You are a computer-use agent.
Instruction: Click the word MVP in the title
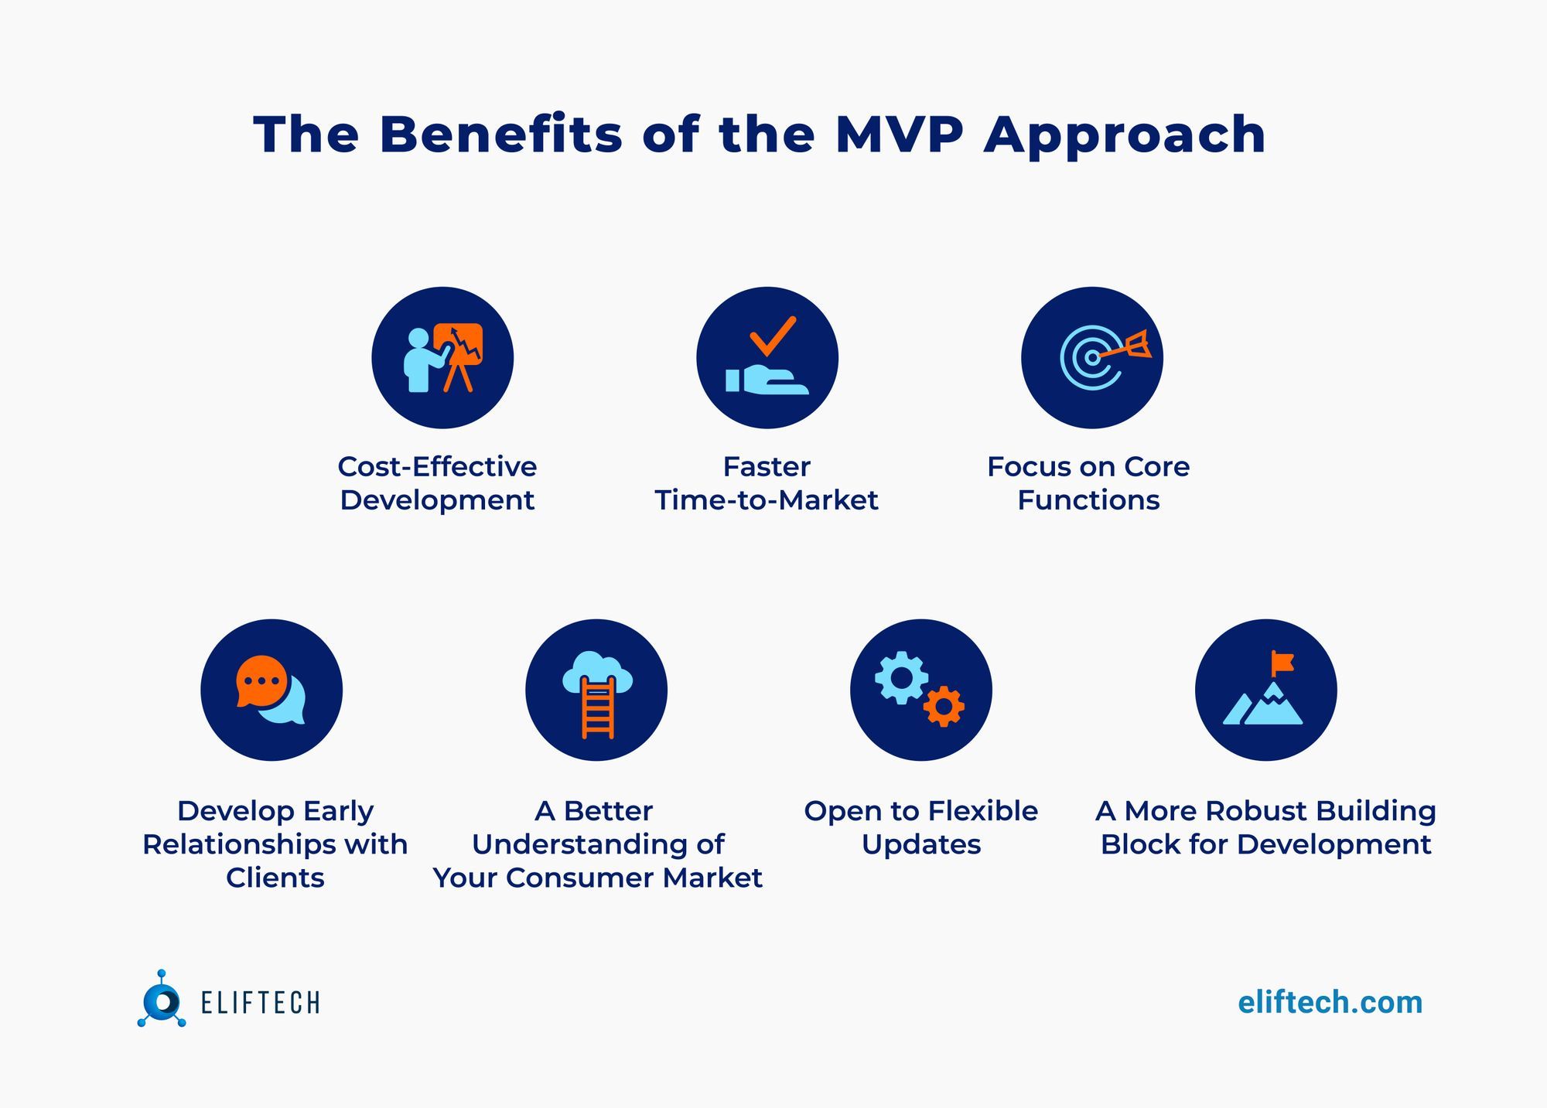click(x=899, y=135)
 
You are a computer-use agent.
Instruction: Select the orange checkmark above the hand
click(x=772, y=335)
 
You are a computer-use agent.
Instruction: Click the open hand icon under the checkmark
click(x=767, y=380)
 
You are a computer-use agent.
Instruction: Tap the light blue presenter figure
click(x=421, y=361)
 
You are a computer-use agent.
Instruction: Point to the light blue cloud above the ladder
click(x=596, y=670)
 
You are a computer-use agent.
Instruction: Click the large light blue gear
click(x=901, y=678)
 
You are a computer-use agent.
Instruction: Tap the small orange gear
click(x=944, y=706)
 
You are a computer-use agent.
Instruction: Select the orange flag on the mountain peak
click(x=1282, y=663)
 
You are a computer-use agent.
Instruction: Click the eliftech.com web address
click(x=1330, y=1002)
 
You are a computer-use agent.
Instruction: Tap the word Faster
click(x=766, y=466)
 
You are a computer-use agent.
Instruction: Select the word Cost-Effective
click(x=437, y=466)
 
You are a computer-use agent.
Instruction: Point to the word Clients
click(x=275, y=878)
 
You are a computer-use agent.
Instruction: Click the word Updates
click(x=920, y=844)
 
